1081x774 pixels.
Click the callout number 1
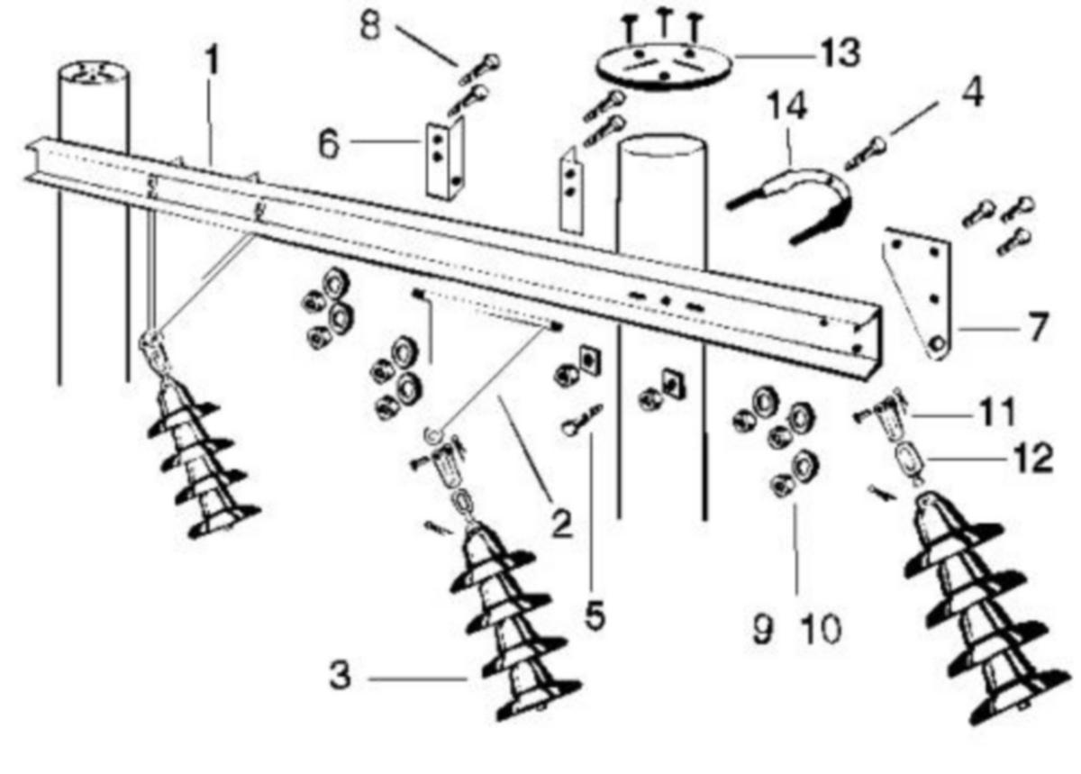click(x=212, y=59)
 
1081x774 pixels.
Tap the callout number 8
click(x=370, y=25)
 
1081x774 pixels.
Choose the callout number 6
click(x=329, y=143)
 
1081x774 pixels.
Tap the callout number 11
click(x=997, y=413)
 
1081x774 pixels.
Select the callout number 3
click(x=341, y=676)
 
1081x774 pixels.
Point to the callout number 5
click(x=595, y=615)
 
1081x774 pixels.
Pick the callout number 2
click(x=562, y=524)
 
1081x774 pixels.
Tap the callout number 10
click(x=822, y=629)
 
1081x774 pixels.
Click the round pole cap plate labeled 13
click(x=664, y=67)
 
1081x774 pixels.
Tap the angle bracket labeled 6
click(x=445, y=159)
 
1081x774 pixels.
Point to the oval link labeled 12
click(x=908, y=460)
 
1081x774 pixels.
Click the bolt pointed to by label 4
click(x=867, y=154)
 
